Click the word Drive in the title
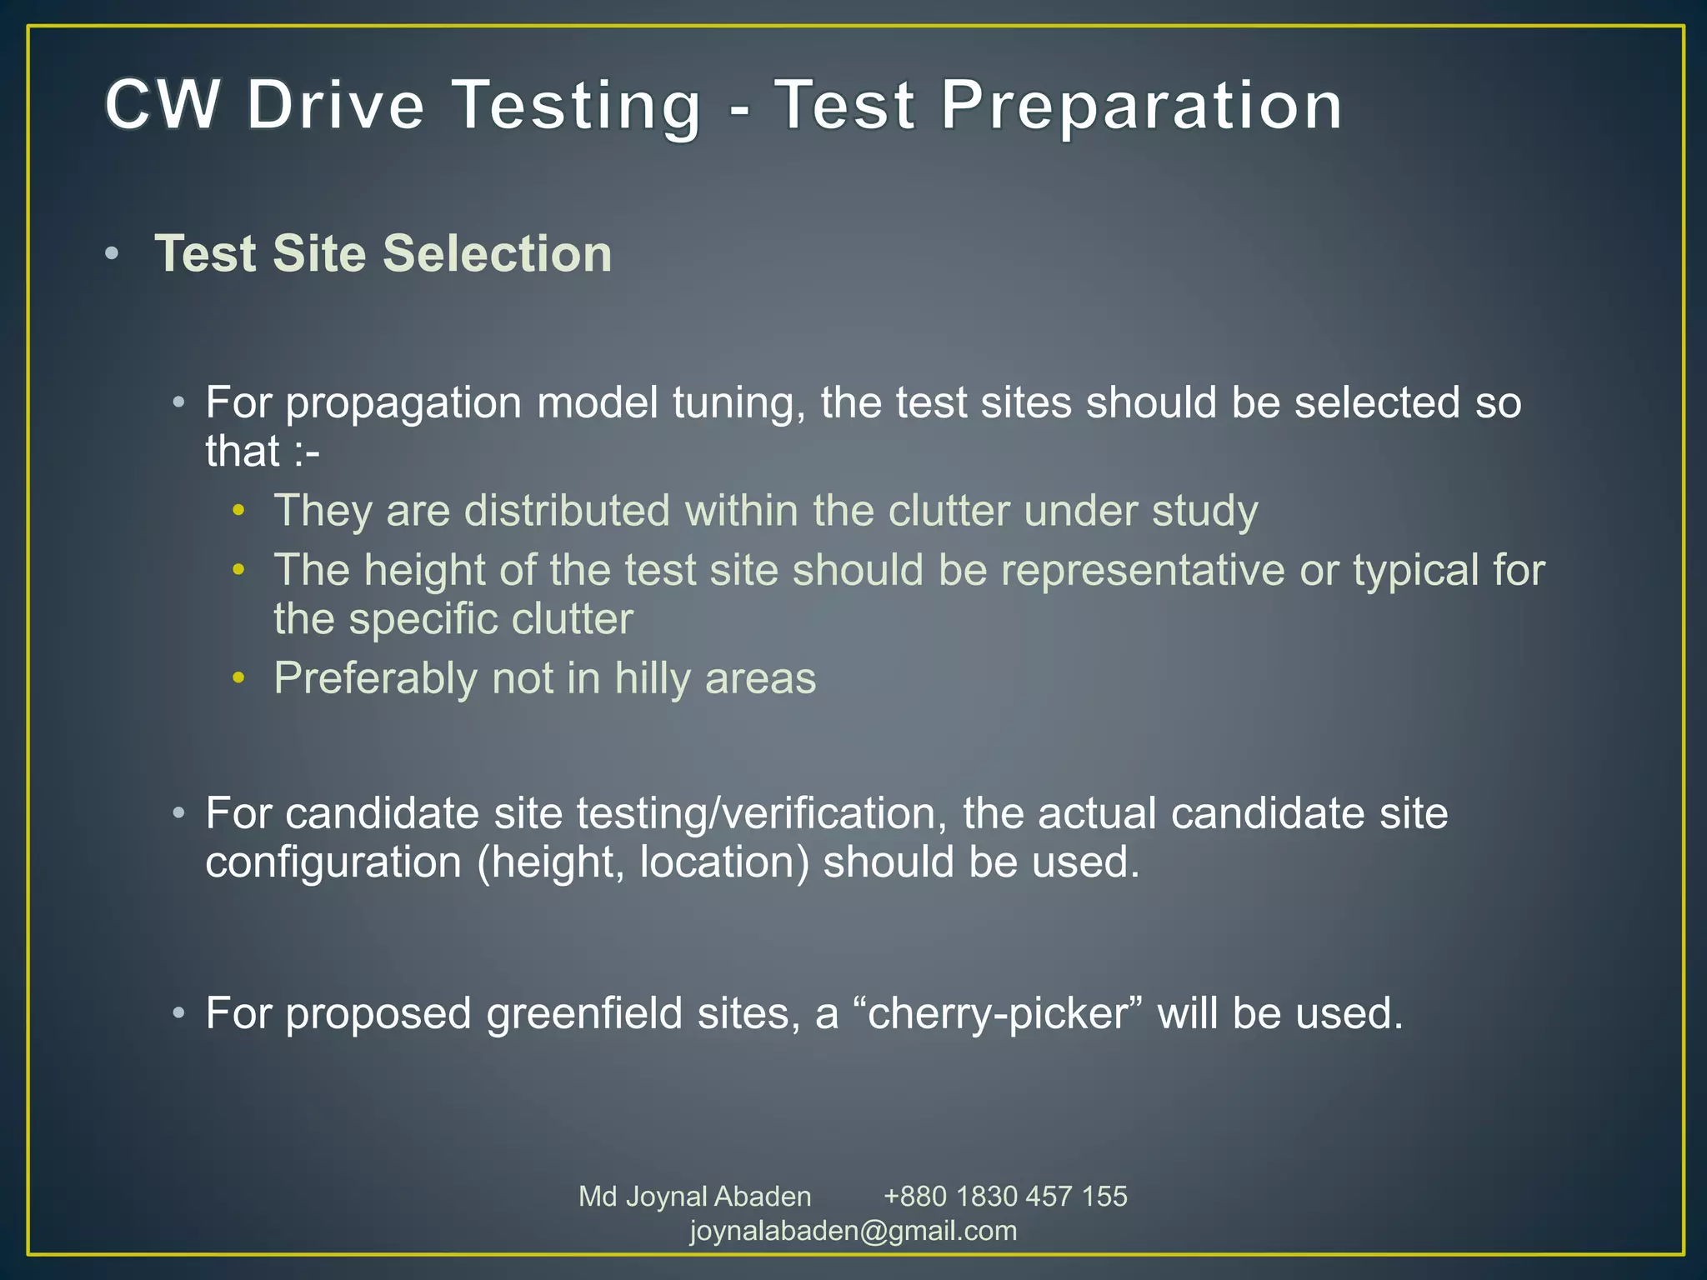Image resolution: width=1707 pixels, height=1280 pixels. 335,105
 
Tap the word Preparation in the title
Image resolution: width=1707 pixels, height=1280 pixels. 1141,107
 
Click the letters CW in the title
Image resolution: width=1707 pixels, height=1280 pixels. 163,105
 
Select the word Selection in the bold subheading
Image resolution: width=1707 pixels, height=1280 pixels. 497,253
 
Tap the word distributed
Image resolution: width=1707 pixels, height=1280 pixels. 567,510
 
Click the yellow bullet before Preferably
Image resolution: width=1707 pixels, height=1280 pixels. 239,678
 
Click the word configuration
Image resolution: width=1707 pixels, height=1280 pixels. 333,862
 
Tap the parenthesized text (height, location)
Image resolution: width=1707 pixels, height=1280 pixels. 643,862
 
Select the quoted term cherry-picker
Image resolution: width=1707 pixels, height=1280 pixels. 998,1014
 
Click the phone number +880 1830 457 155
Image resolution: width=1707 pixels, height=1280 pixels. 1005,1197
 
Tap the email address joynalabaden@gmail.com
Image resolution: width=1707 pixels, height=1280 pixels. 853,1231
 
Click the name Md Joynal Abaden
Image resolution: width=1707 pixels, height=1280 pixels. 694,1197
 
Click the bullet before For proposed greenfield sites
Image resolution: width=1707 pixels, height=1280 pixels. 178,1014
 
